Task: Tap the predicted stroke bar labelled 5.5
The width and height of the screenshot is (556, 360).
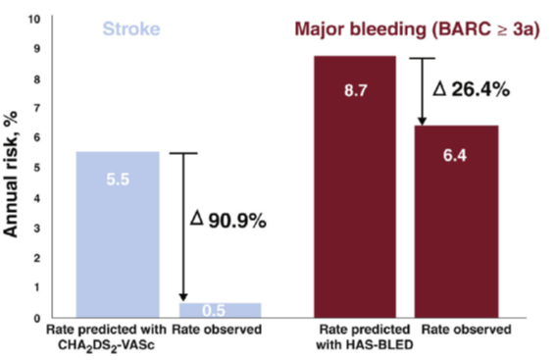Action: pos(118,235)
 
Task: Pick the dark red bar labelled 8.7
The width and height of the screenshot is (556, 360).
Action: pos(355,186)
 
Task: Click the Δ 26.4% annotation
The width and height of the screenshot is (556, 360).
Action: pos(471,89)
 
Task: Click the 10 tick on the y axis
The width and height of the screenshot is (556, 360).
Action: pos(35,19)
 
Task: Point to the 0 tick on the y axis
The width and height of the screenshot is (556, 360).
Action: pos(38,318)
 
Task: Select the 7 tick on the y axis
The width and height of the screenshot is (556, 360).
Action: pos(38,108)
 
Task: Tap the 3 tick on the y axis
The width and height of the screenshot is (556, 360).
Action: pos(38,228)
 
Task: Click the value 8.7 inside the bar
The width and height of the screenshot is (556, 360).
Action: pos(354,89)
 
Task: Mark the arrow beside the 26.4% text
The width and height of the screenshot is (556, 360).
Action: pos(422,91)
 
